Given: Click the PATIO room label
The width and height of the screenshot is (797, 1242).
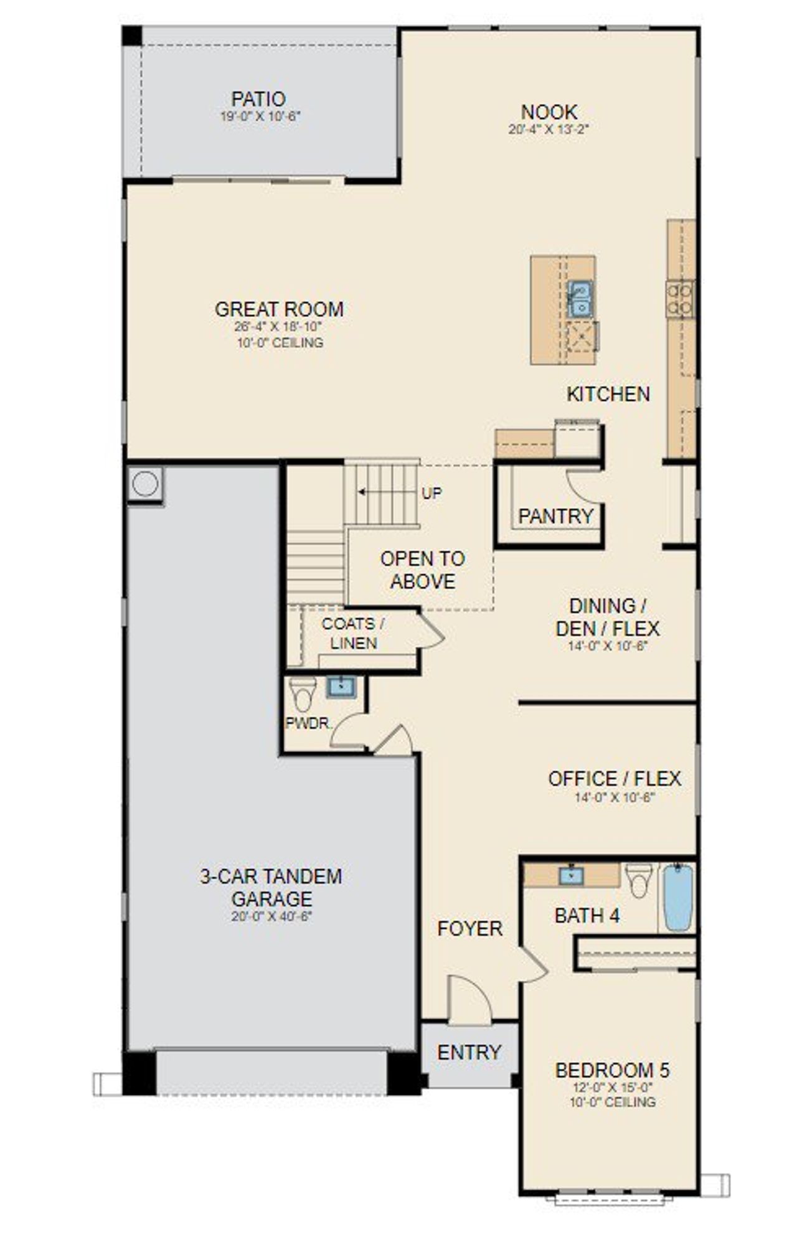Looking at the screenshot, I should [258, 99].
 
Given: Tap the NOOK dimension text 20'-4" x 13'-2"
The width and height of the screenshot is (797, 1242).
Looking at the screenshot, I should [549, 129].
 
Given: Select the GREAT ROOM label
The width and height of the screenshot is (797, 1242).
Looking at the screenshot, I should [279, 309].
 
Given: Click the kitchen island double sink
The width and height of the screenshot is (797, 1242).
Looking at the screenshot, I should [580, 299].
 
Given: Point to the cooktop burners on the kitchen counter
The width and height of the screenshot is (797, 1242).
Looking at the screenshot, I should [680, 299].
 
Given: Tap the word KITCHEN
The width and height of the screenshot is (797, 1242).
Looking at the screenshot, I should [608, 394].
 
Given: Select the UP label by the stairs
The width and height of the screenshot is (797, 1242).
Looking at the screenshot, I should [432, 494].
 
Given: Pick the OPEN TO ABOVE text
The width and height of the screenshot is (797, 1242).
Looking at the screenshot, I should [423, 570].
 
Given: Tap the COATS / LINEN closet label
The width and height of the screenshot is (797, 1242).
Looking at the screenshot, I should [353, 633].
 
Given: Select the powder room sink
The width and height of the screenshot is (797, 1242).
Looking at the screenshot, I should [341, 687].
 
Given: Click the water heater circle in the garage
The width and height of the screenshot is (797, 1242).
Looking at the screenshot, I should [145, 484].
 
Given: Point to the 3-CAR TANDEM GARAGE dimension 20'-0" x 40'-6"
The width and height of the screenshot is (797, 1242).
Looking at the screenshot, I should [271, 916].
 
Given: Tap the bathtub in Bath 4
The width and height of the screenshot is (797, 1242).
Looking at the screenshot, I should [677, 897].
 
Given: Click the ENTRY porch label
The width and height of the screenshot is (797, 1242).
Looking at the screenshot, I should [469, 1053].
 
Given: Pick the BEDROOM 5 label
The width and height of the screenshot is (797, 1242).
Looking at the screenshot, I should [612, 1070].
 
